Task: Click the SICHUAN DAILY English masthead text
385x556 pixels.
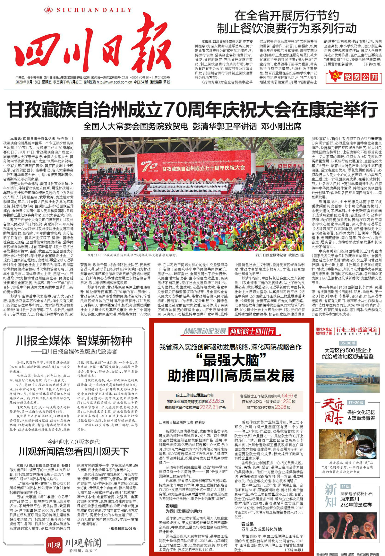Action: pyautogui.click(x=94, y=10)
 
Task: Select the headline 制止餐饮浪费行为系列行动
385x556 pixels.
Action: pyautogui.click(x=287, y=29)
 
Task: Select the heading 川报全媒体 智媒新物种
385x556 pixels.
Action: pyautogui.click(x=74, y=341)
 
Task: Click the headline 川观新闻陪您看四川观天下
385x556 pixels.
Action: pyautogui.click(x=74, y=452)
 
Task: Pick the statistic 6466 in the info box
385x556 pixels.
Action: pyautogui.click(x=287, y=396)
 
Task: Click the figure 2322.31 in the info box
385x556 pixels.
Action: pyautogui.click(x=209, y=407)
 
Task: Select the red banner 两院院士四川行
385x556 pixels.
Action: pyautogui.click(x=252, y=331)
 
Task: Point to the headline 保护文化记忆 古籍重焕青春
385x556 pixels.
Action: pyautogui.click(x=361, y=415)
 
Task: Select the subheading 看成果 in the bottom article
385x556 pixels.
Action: pyautogui.click(x=247, y=524)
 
